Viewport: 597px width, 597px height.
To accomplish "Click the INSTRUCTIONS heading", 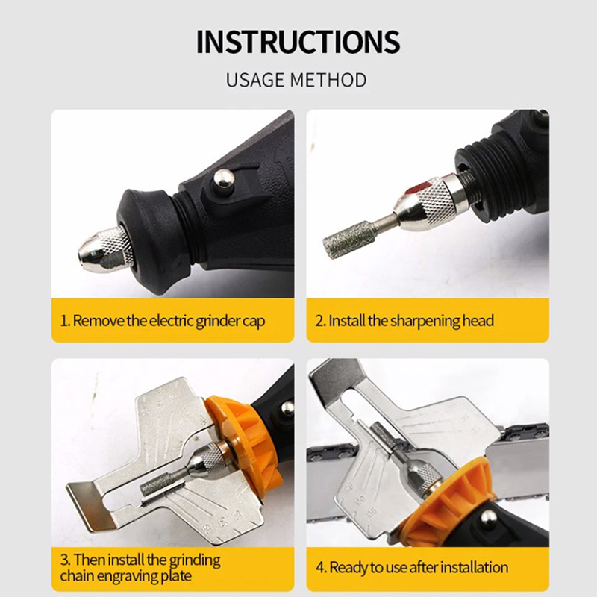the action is click(x=298, y=42).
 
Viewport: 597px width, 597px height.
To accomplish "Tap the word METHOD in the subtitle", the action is click(x=328, y=81).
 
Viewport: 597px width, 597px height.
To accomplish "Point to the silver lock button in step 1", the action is click(x=223, y=178).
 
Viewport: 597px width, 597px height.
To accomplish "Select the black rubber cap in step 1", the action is click(x=152, y=240).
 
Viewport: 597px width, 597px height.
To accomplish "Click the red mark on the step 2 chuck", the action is click(x=418, y=187).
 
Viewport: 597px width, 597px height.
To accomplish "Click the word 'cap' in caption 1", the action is click(x=254, y=322).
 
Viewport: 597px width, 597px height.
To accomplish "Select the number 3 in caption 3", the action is click(x=65, y=560).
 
